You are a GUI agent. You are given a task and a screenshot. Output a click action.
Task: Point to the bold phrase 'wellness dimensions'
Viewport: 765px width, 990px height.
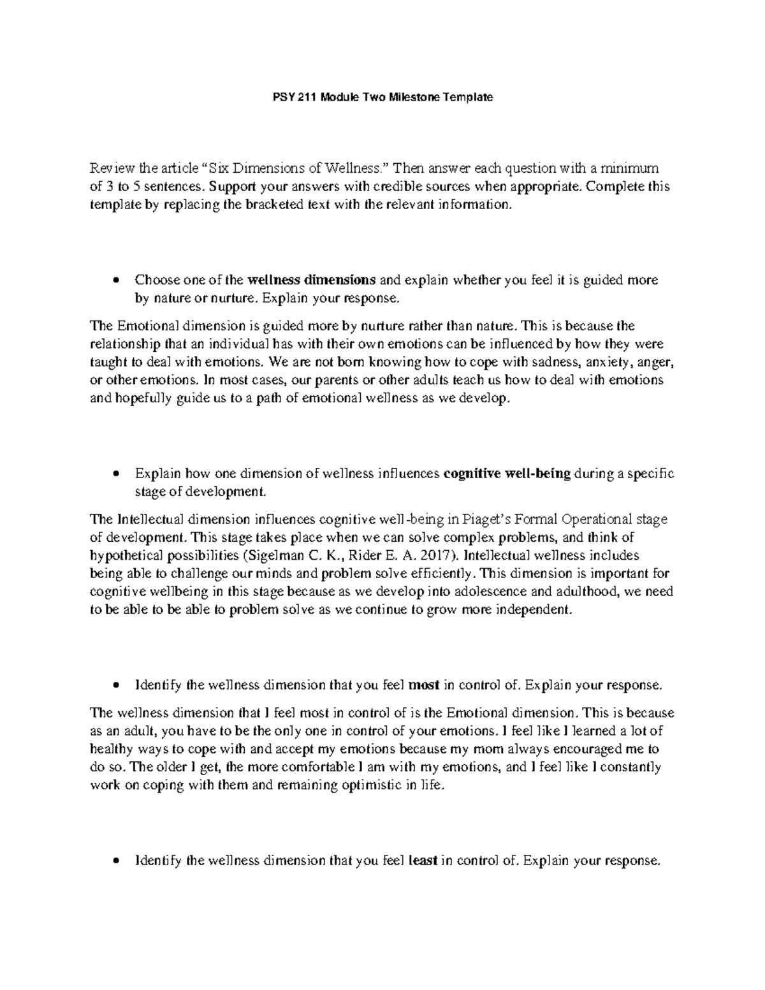click(x=311, y=280)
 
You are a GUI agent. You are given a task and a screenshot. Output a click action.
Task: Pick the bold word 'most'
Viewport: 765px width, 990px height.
click(x=423, y=685)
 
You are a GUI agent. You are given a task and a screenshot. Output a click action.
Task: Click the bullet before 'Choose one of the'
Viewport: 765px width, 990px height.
click(x=115, y=280)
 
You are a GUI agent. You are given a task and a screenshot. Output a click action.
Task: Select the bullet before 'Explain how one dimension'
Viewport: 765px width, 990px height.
click(x=115, y=474)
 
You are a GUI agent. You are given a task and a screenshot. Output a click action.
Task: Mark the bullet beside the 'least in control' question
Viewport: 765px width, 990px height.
click(x=115, y=861)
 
